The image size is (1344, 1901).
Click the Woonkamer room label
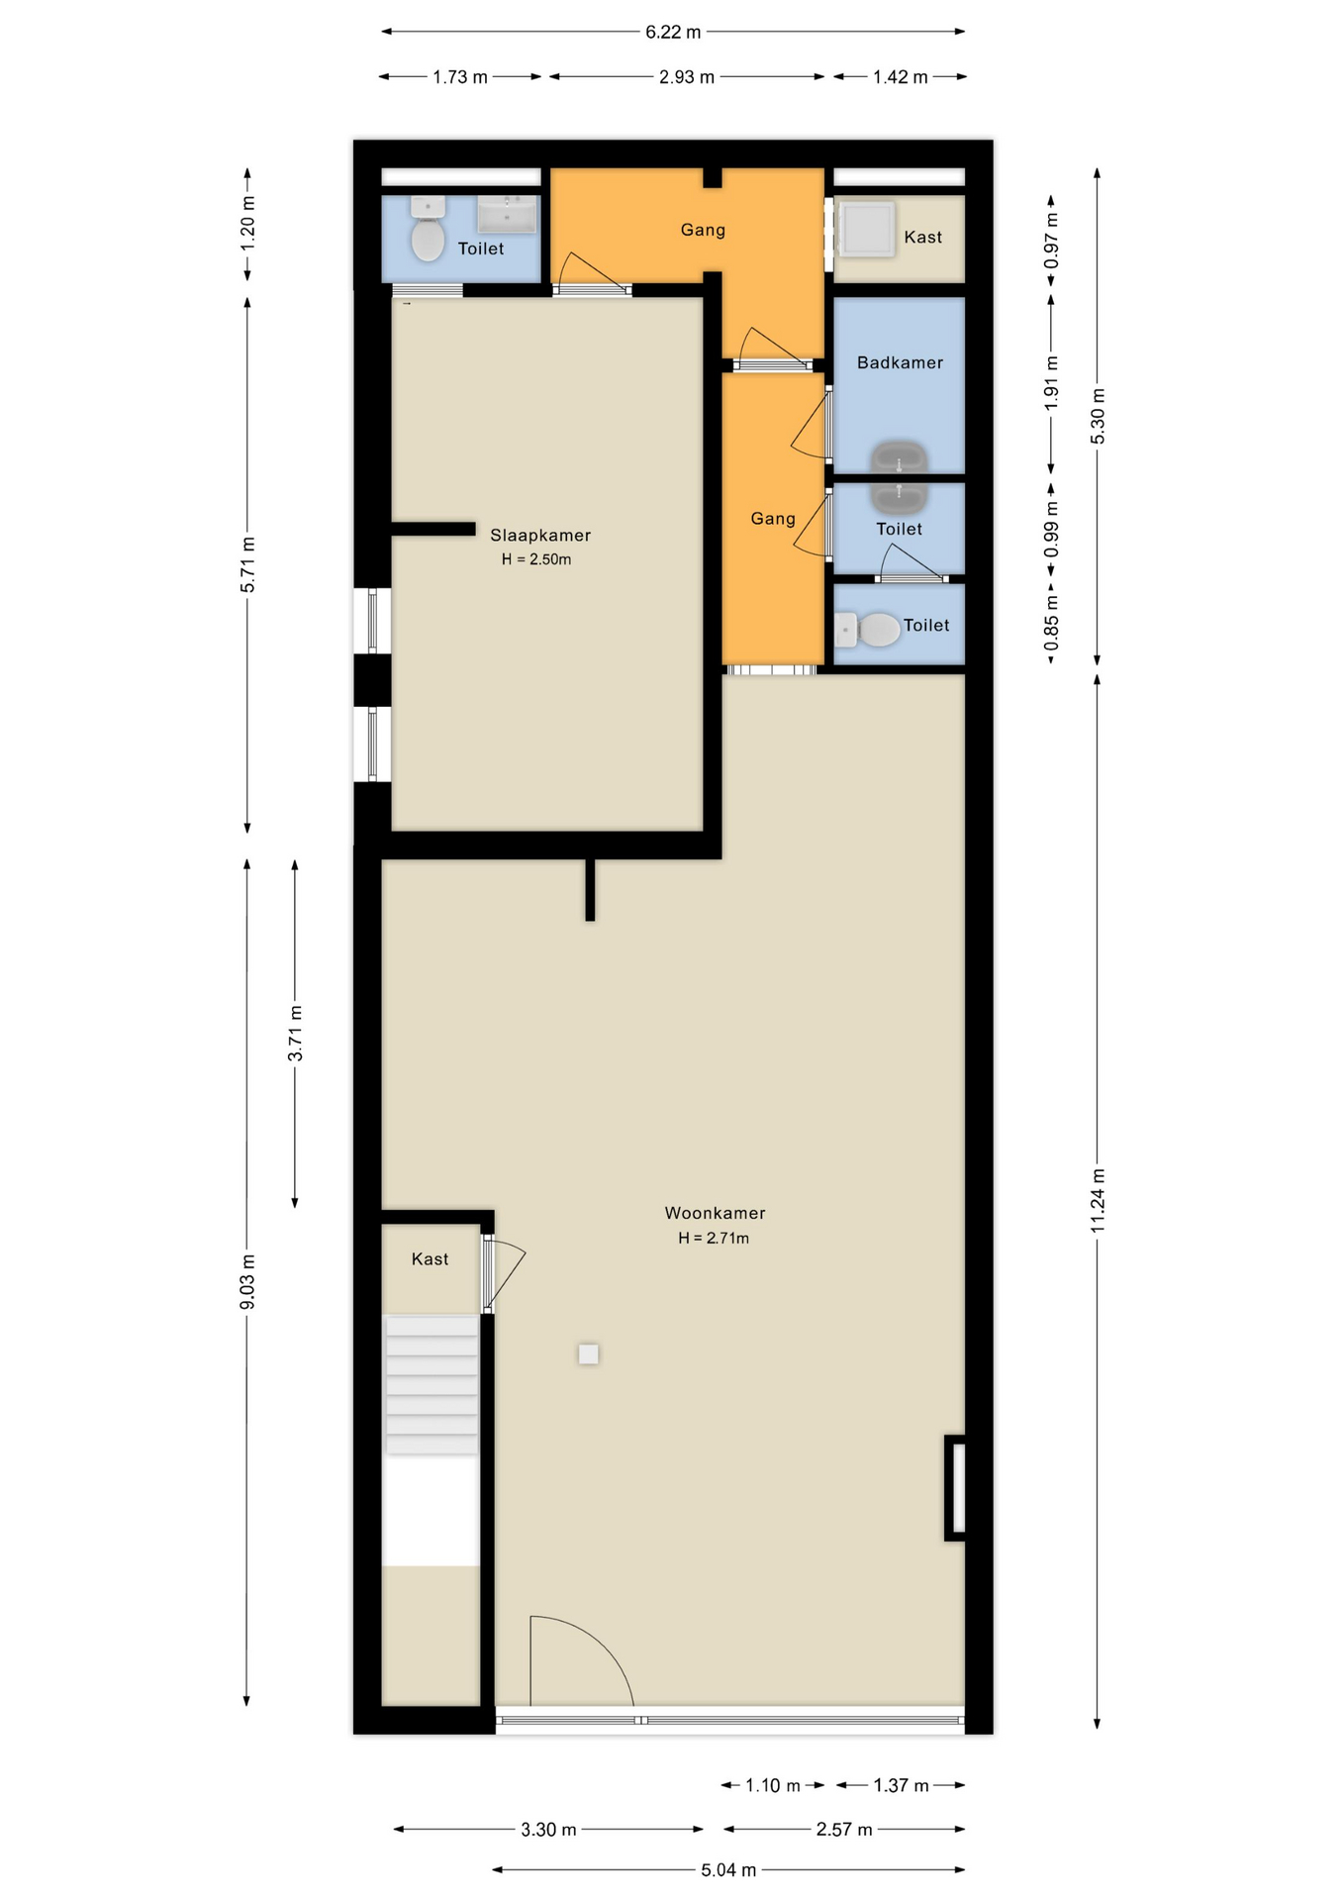(x=715, y=1213)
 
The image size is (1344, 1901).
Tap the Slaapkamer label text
(x=540, y=536)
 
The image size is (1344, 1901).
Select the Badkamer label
(x=900, y=362)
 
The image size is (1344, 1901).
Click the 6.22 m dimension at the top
(x=673, y=32)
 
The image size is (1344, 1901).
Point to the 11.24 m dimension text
(x=1098, y=1200)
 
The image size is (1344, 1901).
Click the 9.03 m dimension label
(x=247, y=1281)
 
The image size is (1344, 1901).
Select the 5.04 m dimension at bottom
(x=728, y=1869)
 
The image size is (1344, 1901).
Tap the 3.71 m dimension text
(x=295, y=1033)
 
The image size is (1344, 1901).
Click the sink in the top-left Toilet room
(x=508, y=213)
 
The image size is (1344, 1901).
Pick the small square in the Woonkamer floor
(x=589, y=1353)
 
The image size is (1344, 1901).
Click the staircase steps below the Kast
(x=432, y=1385)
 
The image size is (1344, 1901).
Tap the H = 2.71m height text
(x=714, y=1238)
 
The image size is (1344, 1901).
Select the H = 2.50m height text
(x=536, y=559)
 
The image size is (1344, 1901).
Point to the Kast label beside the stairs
(x=430, y=1259)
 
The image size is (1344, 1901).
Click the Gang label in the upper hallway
(x=703, y=230)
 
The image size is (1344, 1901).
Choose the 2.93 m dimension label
(x=687, y=77)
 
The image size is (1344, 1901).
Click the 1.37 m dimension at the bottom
(x=901, y=1785)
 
